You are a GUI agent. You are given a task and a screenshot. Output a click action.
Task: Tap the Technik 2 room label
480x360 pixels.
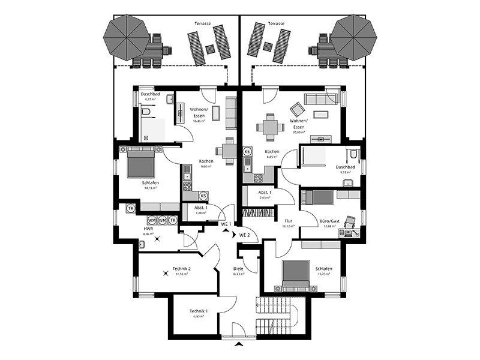pos(181,268)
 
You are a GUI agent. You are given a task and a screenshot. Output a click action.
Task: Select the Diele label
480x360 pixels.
pos(238,268)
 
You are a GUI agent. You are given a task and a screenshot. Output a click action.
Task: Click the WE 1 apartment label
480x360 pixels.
pos(226,224)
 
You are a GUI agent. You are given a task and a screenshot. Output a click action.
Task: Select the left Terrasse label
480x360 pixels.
pos(202,23)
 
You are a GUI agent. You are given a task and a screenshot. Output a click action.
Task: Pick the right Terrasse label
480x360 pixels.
pos(276,23)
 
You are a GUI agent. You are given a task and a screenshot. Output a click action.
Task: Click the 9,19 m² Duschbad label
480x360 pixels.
pos(346,167)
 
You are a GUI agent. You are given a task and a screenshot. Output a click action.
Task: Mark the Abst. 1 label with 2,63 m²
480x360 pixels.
pos(265,193)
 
